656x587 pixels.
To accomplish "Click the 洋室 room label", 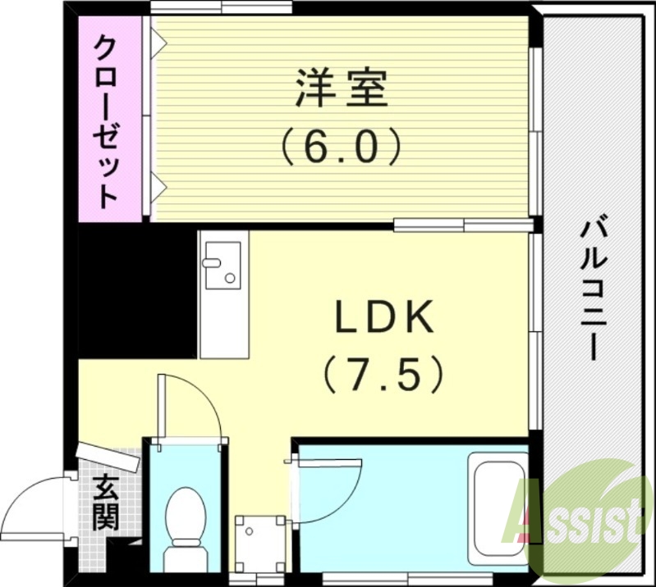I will (x=341, y=88).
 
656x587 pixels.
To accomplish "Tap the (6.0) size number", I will (x=341, y=147).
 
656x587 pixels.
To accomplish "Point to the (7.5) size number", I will (x=383, y=375).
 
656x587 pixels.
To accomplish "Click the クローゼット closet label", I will (x=108, y=121).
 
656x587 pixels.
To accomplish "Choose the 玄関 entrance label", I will (x=105, y=501).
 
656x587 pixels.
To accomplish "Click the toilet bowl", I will (x=185, y=521).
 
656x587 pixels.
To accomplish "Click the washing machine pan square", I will (x=260, y=543).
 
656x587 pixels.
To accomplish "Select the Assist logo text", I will (x=575, y=517).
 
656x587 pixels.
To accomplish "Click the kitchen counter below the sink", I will (x=222, y=328).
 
